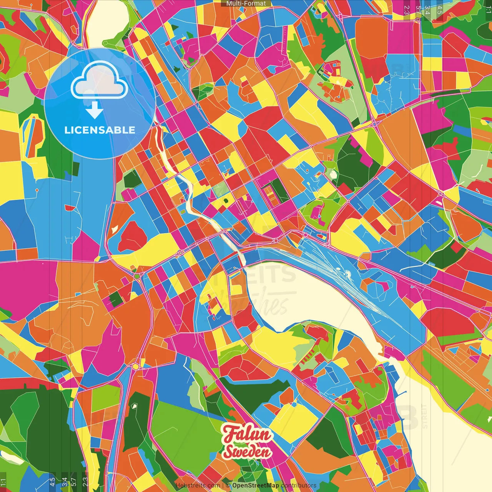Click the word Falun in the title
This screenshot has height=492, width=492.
(x=247, y=434)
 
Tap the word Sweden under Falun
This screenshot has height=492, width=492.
(x=248, y=452)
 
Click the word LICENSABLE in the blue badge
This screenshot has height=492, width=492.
(x=100, y=130)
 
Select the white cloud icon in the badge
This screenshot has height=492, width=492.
(x=100, y=81)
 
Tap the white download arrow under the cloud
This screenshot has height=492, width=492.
(x=95, y=111)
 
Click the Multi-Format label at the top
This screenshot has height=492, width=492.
(x=246, y=3)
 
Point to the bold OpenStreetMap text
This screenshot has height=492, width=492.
(x=256, y=485)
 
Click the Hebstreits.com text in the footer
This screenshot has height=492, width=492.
(x=198, y=485)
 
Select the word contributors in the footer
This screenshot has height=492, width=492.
(x=299, y=485)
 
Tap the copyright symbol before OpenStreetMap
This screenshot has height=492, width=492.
(x=228, y=485)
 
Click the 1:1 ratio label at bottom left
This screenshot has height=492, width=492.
(x=3, y=482)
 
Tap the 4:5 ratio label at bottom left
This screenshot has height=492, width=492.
(x=52, y=482)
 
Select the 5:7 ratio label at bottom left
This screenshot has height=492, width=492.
(x=74, y=482)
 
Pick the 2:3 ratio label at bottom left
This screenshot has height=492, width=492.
(x=85, y=482)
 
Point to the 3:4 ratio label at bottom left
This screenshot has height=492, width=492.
(x=64, y=482)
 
